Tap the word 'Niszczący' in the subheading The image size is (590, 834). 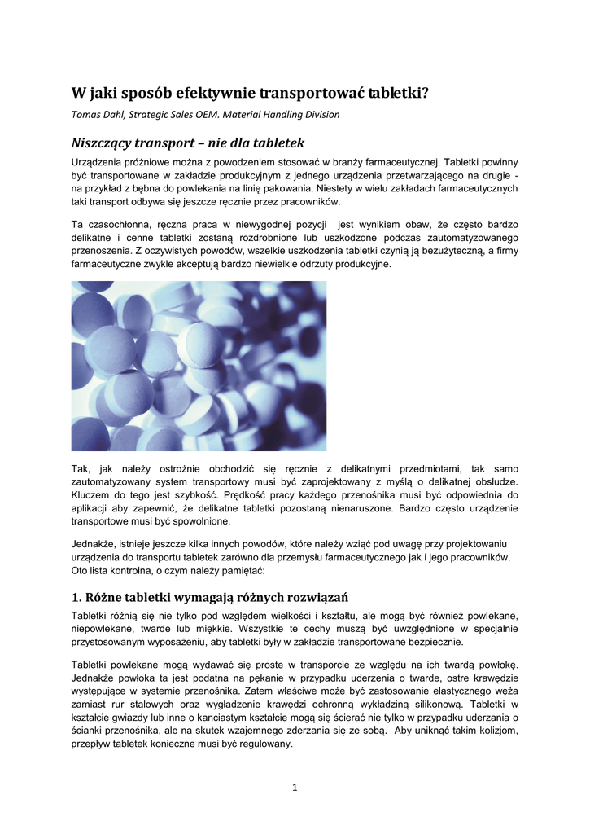[107, 143]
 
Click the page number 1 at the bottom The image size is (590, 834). [295, 786]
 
